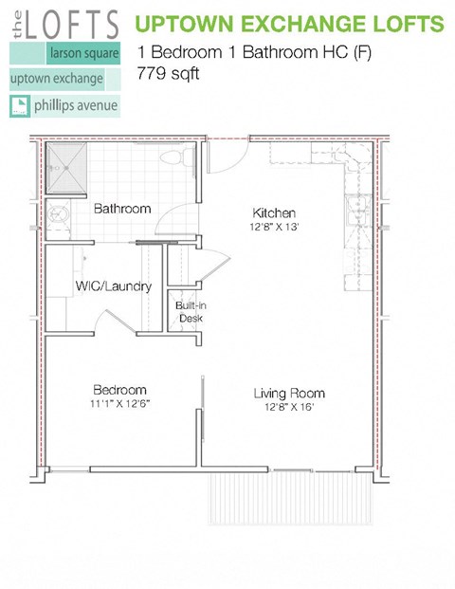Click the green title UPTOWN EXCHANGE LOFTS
tap(290, 22)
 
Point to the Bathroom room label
tap(122, 209)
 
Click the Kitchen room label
tap(274, 212)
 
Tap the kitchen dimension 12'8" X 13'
tap(274, 228)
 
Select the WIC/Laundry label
tap(114, 285)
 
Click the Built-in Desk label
tap(186, 312)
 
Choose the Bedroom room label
tap(119, 390)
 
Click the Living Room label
tap(289, 393)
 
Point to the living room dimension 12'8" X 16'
tap(289, 408)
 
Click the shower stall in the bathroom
tap(69, 165)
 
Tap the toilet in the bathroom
tap(175, 157)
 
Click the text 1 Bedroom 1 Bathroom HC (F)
tap(255, 52)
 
